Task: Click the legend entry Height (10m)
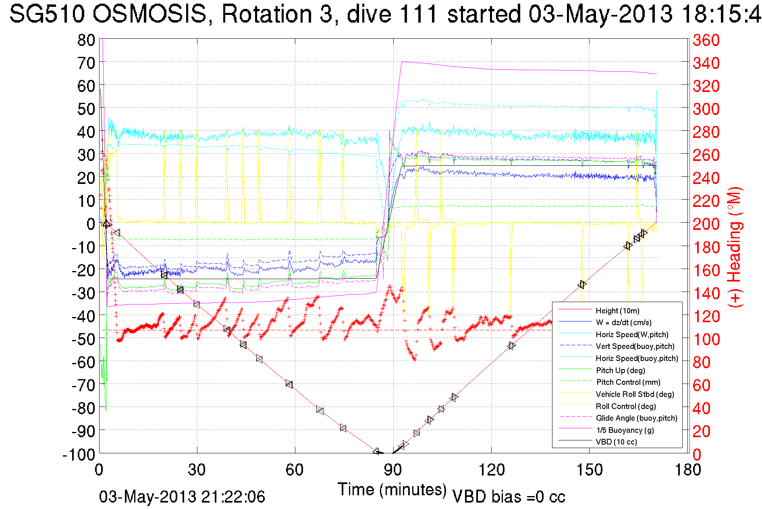[x=617, y=311]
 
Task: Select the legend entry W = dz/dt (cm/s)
[x=623, y=322]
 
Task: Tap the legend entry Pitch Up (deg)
[x=620, y=370]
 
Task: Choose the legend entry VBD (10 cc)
[x=616, y=442]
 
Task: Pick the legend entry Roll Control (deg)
[x=625, y=406]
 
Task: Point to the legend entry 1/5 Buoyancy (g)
[x=625, y=430]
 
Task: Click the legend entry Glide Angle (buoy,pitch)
[x=636, y=418]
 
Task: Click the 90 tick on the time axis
[x=393, y=470]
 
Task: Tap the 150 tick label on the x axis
[x=589, y=470]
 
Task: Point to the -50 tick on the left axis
[x=83, y=339]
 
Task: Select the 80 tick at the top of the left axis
[x=86, y=40]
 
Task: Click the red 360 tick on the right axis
[x=706, y=40]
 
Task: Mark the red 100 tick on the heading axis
[x=706, y=339]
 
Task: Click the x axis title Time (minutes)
[x=392, y=490]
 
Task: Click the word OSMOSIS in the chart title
[x=149, y=14]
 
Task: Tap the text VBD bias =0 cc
[x=509, y=497]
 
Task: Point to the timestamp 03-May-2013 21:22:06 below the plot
[x=182, y=497]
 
